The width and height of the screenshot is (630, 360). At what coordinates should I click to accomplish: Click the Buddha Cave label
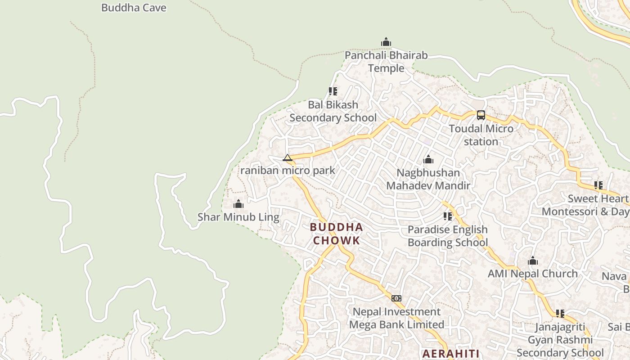[134, 8]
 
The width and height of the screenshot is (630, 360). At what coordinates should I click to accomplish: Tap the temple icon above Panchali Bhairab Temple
[386, 42]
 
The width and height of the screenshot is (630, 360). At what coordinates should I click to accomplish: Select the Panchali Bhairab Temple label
[386, 62]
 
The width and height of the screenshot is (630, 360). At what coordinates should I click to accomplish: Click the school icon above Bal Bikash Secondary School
[333, 91]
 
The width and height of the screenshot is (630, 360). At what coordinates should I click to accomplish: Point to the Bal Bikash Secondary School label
[333, 111]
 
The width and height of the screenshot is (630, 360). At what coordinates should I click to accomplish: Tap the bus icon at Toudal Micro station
[481, 115]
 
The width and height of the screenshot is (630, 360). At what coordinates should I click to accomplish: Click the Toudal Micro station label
[481, 135]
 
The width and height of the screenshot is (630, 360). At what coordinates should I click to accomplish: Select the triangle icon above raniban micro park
[288, 157]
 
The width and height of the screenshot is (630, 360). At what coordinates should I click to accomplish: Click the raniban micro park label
[288, 171]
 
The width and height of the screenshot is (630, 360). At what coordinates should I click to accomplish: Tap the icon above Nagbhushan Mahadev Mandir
[428, 159]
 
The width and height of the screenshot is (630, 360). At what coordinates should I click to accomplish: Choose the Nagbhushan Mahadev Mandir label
[428, 179]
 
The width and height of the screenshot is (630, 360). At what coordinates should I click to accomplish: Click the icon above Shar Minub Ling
[238, 204]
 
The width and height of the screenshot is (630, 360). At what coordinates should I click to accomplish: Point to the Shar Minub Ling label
[238, 217]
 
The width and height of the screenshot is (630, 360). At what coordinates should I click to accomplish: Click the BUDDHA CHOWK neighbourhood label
[337, 234]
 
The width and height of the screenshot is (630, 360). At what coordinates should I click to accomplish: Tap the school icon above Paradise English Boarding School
[447, 216]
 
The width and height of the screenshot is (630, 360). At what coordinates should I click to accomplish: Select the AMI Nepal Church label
[533, 274]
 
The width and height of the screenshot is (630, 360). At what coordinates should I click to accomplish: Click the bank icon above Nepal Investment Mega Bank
[396, 298]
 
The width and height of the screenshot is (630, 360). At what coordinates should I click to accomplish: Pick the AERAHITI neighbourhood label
[451, 353]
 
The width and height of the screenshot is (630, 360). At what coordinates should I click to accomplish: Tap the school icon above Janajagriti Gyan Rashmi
[560, 314]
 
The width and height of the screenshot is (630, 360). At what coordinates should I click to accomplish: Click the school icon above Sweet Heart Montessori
[598, 185]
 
